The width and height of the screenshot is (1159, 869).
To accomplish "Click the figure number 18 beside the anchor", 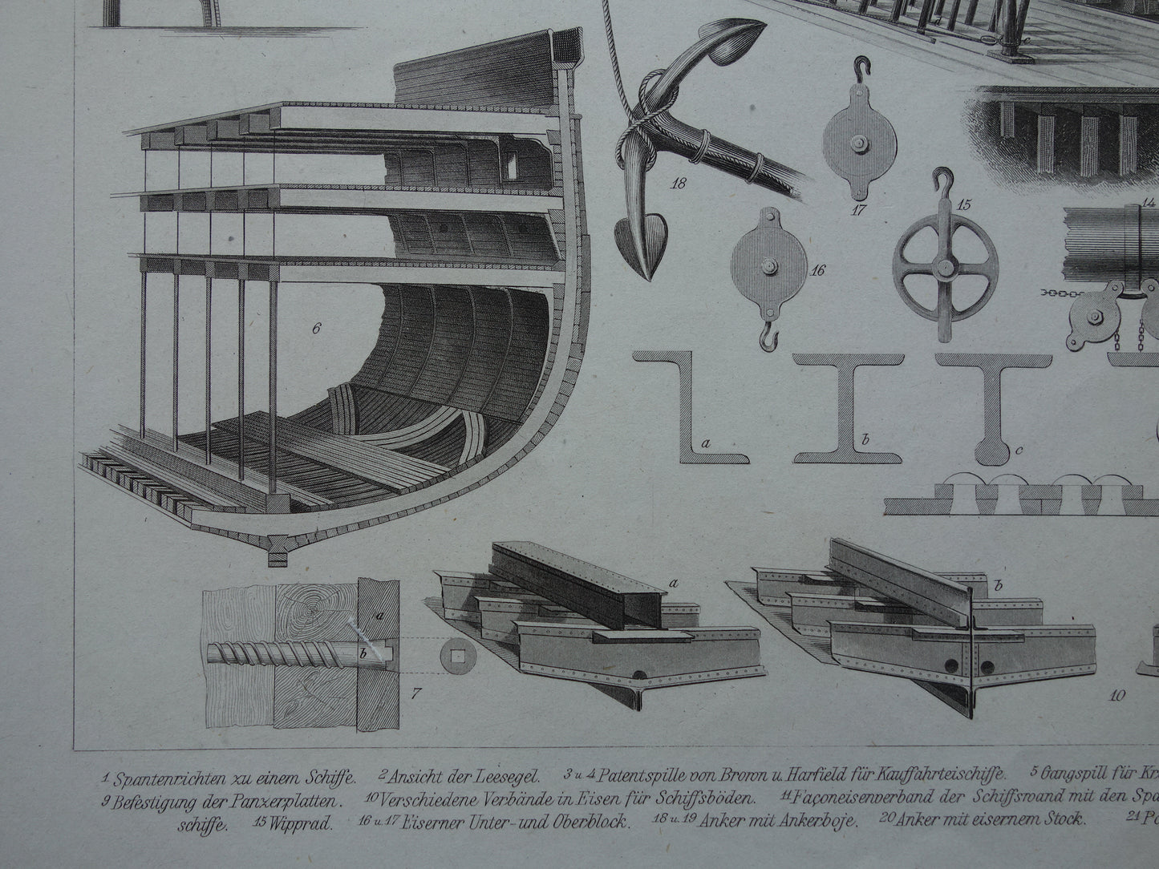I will click(679, 184).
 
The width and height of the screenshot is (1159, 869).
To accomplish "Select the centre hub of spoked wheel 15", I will click(946, 266).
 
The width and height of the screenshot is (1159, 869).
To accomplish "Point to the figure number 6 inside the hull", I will click(316, 327).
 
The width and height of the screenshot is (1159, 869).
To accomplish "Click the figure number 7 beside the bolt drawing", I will click(415, 693).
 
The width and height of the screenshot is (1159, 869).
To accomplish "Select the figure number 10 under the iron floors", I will click(1117, 695).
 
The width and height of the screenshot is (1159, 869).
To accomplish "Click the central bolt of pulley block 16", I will click(769, 265).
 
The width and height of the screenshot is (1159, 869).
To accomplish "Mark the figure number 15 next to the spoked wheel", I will click(962, 204).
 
